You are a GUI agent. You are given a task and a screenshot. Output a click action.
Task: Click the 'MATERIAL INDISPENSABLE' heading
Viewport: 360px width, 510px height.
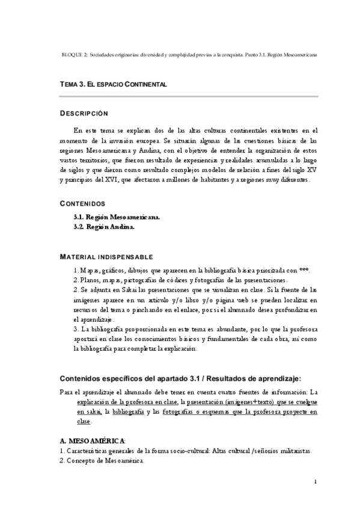[106, 257]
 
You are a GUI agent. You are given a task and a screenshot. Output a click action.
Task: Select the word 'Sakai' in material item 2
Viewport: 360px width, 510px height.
[118, 289]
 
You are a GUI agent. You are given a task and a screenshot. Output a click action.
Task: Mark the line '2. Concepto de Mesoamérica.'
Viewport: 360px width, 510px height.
[102, 461]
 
